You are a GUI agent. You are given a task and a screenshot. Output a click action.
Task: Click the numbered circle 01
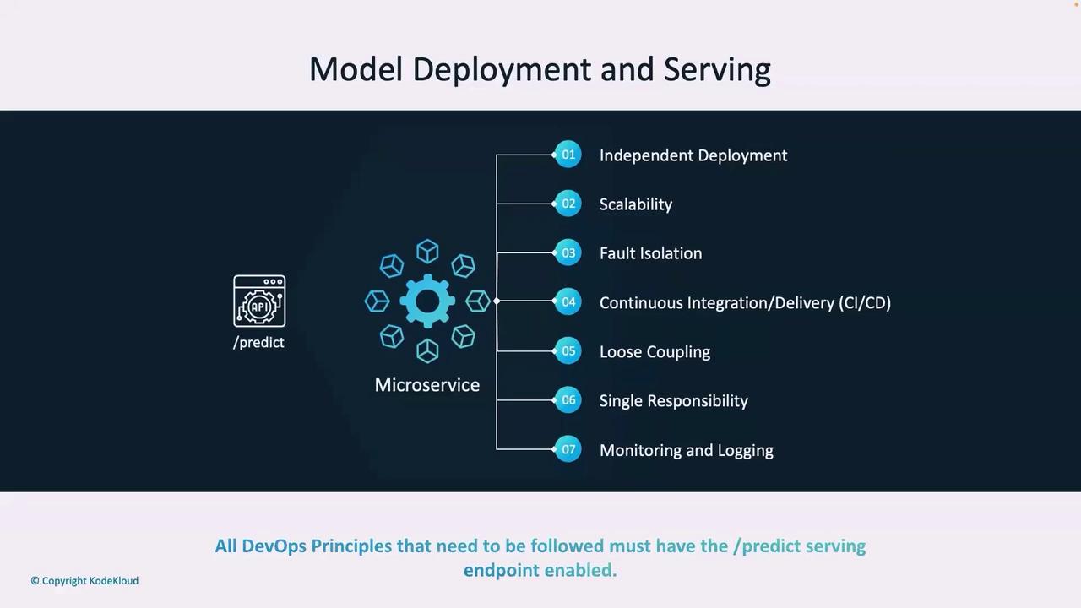(568, 155)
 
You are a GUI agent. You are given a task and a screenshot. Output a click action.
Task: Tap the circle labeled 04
(568, 301)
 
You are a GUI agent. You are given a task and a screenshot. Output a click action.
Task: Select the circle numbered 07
(568, 449)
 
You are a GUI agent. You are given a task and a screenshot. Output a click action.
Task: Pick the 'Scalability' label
(636, 204)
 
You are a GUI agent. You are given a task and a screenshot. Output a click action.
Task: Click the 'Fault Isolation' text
(650, 253)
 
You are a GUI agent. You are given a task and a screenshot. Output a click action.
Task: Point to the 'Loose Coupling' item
(655, 352)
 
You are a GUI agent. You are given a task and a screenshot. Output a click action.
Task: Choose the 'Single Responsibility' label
(674, 400)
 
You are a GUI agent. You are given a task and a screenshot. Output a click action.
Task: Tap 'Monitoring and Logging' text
(687, 450)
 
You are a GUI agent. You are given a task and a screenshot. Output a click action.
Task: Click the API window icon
(259, 301)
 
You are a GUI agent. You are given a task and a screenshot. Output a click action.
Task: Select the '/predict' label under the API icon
(258, 343)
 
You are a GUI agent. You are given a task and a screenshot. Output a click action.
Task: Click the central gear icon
(427, 301)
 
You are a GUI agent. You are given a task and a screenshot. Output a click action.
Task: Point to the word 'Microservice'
(427, 385)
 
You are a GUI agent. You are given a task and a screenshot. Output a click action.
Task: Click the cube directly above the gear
(427, 252)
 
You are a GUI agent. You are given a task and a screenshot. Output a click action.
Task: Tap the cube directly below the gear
(427, 350)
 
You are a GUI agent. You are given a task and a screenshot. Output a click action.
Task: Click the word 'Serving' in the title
(717, 70)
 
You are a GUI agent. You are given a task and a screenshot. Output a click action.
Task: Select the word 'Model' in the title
(356, 69)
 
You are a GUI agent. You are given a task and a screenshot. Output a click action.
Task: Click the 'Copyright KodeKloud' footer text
(84, 581)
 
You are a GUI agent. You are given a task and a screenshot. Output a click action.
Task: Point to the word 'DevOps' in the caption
(274, 546)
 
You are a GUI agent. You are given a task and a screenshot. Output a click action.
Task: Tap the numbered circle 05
(568, 350)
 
